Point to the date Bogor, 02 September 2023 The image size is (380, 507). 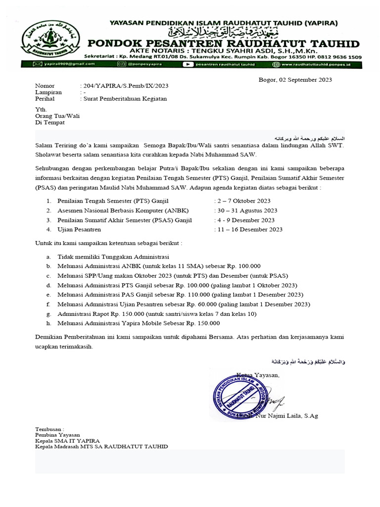[295, 80]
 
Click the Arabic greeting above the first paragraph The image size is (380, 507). [310, 137]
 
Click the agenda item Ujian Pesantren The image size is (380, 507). [80, 229]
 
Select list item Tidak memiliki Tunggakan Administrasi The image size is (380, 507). [114, 257]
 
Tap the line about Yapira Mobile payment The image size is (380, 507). [139, 323]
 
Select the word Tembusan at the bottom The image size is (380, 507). [49, 429]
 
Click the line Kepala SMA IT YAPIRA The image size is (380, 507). [67, 441]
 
